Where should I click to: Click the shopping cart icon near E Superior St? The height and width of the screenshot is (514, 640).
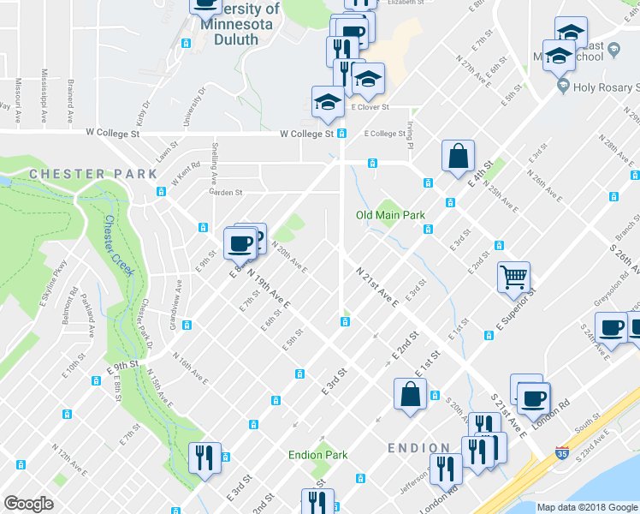(x=513, y=277)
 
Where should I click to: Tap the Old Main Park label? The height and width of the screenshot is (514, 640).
(x=390, y=214)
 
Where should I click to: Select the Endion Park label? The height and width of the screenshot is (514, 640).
(x=317, y=455)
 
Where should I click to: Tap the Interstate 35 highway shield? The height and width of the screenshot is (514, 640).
(x=562, y=453)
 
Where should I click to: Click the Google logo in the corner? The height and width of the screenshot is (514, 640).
(x=28, y=504)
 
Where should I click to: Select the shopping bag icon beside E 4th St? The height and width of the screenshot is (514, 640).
(x=458, y=156)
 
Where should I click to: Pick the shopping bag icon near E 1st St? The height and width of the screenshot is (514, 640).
(x=410, y=394)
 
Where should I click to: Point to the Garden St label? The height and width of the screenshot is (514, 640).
(x=227, y=193)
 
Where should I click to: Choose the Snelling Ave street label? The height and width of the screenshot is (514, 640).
(x=214, y=164)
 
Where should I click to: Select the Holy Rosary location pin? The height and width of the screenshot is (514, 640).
(x=563, y=87)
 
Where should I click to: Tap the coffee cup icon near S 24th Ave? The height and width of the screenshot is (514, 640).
(x=611, y=329)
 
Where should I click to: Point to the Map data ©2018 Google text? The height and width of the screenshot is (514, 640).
(x=587, y=507)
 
